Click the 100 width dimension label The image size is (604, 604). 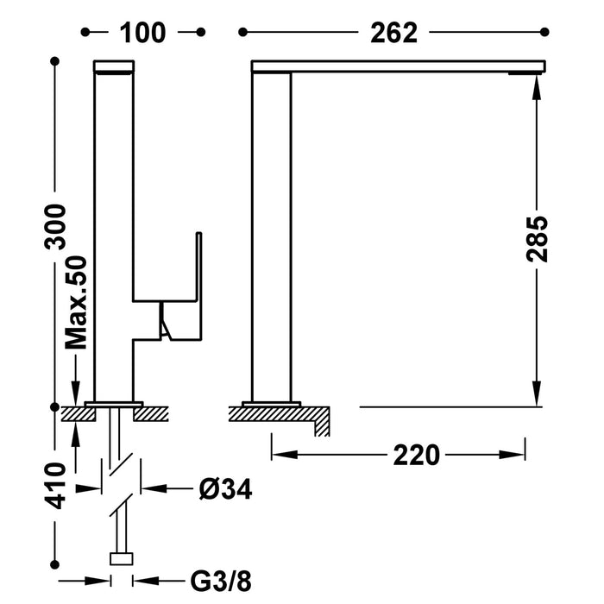tap(143, 33)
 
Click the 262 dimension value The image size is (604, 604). tap(393, 33)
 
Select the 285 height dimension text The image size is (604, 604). tap(538, 237)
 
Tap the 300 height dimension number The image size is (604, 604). tap(57, 227)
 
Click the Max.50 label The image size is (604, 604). tap(79, 302)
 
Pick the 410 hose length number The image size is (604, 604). tap(57, 486)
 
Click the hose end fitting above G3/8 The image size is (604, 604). tap(122, 558)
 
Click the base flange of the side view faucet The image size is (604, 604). tap(272, 404)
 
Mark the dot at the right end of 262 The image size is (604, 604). tap(544, 33)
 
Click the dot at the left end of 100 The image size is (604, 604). tap(85, 33)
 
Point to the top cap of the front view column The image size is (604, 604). tap(114, 66)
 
